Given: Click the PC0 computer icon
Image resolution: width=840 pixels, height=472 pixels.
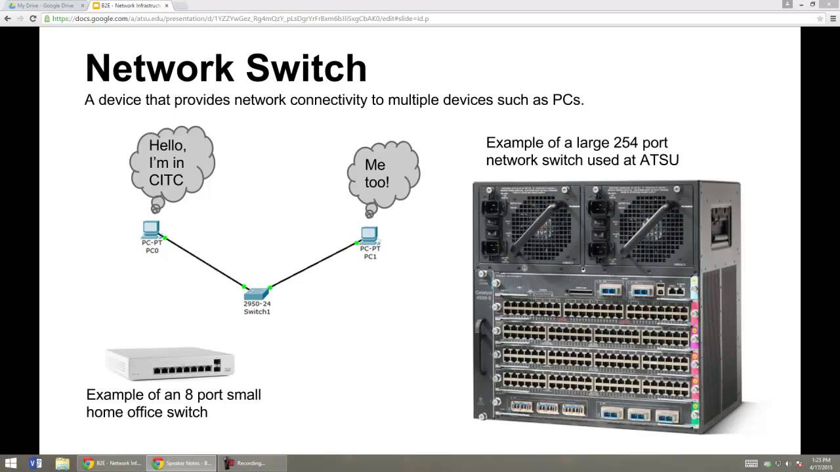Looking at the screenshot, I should (x=151, y=229).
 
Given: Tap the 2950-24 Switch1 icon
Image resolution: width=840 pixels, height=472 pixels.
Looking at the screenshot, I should (x=257, y=293).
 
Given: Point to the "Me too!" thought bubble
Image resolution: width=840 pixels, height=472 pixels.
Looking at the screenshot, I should (x=382, y=173).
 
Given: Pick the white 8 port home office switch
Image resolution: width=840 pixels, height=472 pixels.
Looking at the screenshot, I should (x=170, y=364).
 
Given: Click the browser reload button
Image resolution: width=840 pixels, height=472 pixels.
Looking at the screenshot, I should (x=33, y=18).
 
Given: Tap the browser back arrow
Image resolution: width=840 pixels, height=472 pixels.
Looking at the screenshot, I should (x=8, y=18).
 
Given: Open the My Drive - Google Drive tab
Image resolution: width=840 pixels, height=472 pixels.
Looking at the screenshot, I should (x=45, y=5).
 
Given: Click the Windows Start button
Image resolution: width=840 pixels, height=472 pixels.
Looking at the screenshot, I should (x=10, y=463).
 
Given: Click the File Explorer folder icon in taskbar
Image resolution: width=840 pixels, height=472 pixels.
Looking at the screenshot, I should (x=62, y=463).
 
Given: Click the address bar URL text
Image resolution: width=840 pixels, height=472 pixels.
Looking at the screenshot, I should (x=240, y=18).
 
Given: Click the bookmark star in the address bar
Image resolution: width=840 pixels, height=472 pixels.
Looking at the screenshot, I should (x=820, y=18).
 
